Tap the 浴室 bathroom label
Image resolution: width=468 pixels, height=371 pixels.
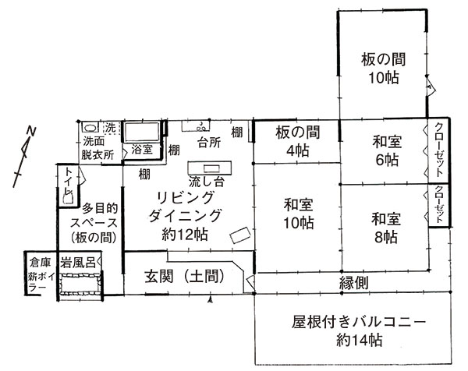click(x=142, y=149)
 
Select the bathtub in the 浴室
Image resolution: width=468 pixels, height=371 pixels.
click(x=142, y=132)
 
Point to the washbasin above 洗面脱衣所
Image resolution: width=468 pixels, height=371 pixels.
click(x=90, y=128)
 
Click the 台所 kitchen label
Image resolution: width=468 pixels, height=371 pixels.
click(x=209, y=143)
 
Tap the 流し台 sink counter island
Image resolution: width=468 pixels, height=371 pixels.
click(x=210, y=168)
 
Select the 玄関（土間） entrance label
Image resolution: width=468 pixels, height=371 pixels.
click(x=184, y=276)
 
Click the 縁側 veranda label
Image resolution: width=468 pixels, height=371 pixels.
click(x=353, y=283)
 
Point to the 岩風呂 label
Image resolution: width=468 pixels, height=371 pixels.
click(x=78, y=263)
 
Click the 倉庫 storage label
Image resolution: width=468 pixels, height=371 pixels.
click(x=40, y=263)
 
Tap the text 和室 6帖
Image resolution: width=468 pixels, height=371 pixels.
click(x=387, y=151)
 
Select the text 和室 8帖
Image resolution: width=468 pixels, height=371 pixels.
click(x=386, y=228)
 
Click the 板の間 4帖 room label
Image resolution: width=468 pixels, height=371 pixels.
click(x=298, y=141)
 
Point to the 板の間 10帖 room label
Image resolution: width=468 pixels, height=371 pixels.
click(x=384, y=69)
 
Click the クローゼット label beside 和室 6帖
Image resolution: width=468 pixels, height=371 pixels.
click(x=438, y=150)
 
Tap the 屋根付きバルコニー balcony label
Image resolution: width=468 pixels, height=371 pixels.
click(x=359, y=323)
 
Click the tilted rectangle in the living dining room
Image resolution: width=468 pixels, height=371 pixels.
click(x=240, y=235)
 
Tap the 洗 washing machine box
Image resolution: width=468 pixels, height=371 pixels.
click(x=111, y=128)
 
